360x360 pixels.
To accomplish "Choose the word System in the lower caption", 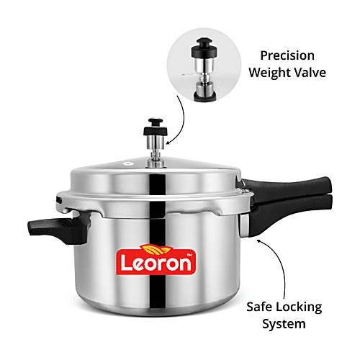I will [x=285, y=323].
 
